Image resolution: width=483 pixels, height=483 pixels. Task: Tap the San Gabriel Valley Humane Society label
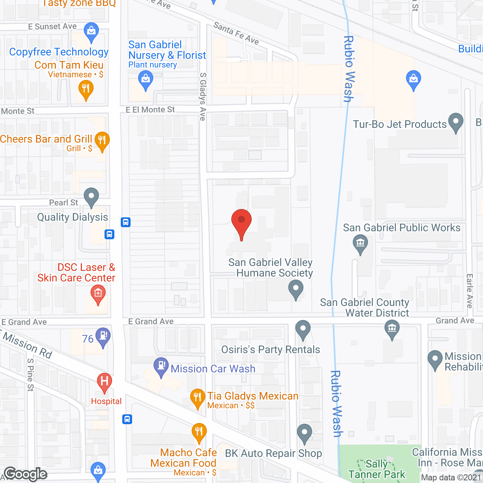click(271, 268)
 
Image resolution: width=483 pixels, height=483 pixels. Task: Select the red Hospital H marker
click(105, 382)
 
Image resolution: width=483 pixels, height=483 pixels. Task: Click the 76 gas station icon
click(103, 337)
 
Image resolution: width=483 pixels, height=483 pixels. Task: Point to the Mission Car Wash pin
click(161, 366)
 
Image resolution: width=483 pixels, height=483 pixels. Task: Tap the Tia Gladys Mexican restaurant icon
click(197, 398)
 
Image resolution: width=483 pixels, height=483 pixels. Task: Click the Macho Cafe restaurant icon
click(199, 432)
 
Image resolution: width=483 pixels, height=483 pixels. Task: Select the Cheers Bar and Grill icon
click(102, 141)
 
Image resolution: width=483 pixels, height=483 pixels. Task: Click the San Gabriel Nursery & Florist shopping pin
click(145, 80)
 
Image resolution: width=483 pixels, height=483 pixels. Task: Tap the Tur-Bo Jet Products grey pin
click(456, 122)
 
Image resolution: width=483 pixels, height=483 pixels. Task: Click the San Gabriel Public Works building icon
click(360, 243)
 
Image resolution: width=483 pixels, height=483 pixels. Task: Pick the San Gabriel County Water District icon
click(392, 329)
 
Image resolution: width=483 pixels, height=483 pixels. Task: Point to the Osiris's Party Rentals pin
click(303, 329)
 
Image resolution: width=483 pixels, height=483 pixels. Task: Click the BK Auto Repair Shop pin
click(304, 433)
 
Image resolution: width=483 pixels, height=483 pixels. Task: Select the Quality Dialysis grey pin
click(91, 197)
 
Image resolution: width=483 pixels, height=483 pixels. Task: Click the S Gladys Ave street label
click(203, 97)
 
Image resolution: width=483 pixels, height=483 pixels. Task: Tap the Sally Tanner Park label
click(377, 469)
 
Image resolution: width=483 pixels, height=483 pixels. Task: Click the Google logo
click(26, 474)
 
